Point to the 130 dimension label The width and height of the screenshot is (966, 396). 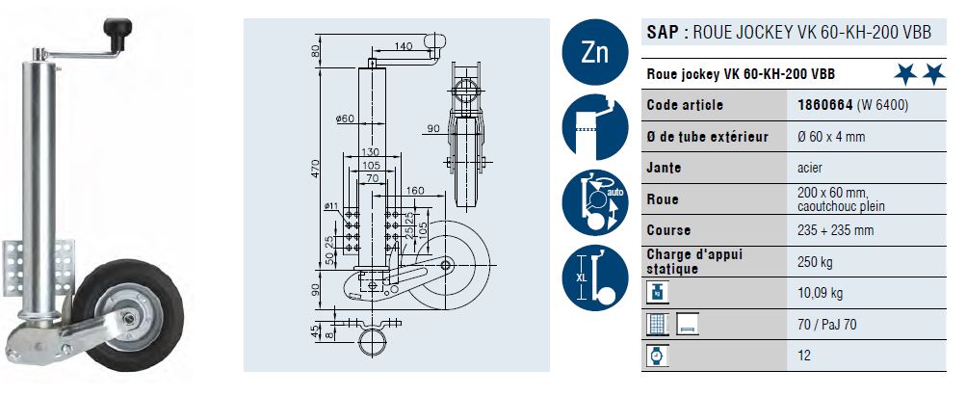[368, 152]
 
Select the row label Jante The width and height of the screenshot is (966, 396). [664, 168]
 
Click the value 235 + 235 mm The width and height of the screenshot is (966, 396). [836, 231]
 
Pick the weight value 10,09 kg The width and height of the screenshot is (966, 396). [820, 293]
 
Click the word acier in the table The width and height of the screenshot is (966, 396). [813, 168]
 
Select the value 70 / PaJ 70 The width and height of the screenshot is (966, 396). [827, 324]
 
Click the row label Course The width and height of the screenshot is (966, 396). [668, 230]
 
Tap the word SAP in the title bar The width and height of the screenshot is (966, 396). [662, 32]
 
